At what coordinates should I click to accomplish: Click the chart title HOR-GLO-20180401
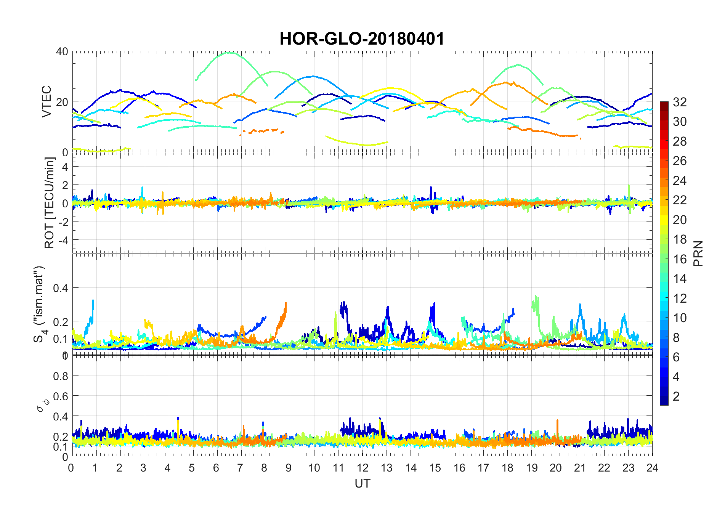click(362, 39)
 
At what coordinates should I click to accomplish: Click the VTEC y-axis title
click(47, 101)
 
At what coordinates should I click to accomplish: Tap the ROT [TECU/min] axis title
click(50, 203)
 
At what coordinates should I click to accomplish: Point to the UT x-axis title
click(362, 483)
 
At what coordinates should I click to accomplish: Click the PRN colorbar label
click(698, 253)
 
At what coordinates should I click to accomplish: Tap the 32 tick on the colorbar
click(680, 102)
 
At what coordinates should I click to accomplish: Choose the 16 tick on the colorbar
click(680, 259)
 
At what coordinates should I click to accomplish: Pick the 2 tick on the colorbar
click(676, 396)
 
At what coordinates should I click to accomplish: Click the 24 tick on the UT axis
click(652, 468)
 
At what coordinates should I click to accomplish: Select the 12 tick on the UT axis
click(362, 468)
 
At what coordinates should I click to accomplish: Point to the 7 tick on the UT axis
click(240, 468)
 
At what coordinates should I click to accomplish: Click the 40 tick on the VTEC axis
click(62, 51)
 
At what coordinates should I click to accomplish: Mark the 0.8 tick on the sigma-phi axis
click(61, 376)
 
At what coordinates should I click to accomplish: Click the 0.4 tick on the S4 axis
click(61, 288)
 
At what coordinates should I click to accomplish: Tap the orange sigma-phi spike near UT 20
click(557, 421)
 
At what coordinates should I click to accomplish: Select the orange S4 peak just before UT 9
click(286, 303)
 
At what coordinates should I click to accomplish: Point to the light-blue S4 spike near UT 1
click(93, 301)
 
